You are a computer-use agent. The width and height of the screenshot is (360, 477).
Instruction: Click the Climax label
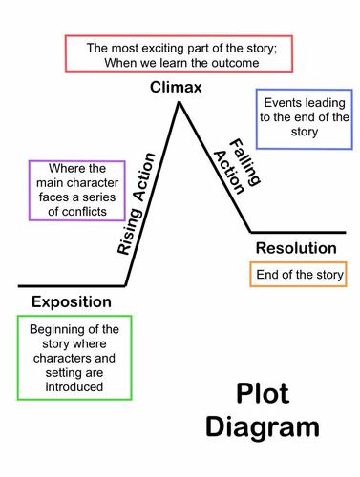tap(178, 88)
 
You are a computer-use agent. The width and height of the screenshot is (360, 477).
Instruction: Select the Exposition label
tap(71, 302)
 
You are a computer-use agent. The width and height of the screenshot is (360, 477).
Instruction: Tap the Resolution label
tap(297, 248)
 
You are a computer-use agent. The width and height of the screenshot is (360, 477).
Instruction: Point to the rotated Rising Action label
tap(137, 220)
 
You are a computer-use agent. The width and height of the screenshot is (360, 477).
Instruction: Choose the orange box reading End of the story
tap(297, 276)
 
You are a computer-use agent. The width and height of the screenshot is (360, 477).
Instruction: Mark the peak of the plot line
tap(178, 100)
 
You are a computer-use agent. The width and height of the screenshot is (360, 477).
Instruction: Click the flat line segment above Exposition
tap(71, 284)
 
